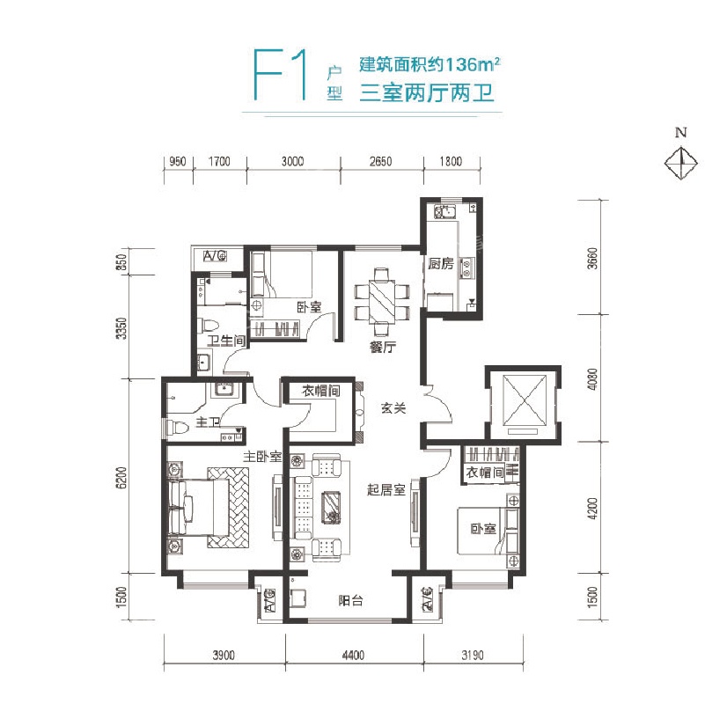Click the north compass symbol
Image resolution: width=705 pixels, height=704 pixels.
pos(681,163)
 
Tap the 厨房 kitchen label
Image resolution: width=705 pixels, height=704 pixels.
pos(441,263)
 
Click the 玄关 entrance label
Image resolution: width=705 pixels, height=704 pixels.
pos(393,408)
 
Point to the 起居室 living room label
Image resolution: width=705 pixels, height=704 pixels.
pos(386,489)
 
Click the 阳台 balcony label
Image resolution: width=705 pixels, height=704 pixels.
pos(350,600)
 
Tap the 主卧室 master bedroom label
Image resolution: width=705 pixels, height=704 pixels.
pos(262,457)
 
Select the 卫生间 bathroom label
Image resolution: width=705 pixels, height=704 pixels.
pos(226,341)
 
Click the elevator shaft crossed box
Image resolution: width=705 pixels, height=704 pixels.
pos(525,400)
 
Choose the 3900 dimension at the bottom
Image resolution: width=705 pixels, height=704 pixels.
pos(224,655)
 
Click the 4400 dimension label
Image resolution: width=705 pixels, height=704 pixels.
pos(353,655)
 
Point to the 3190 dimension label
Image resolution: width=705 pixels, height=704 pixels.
pos(473,655)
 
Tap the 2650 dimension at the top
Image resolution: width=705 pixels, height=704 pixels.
pos(381,161)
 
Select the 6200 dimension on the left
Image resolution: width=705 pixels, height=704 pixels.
pos(121,478)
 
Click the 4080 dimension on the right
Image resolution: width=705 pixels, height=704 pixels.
pos(593,379)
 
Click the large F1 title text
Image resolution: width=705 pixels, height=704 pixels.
pos(280,75)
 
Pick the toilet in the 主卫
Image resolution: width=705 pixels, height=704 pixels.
pos(176,427)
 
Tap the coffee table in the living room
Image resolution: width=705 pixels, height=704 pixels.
pos(331,507)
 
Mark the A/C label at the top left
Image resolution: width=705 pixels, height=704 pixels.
pos(215,256)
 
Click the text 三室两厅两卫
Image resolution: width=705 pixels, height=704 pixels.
pos(427,93)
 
